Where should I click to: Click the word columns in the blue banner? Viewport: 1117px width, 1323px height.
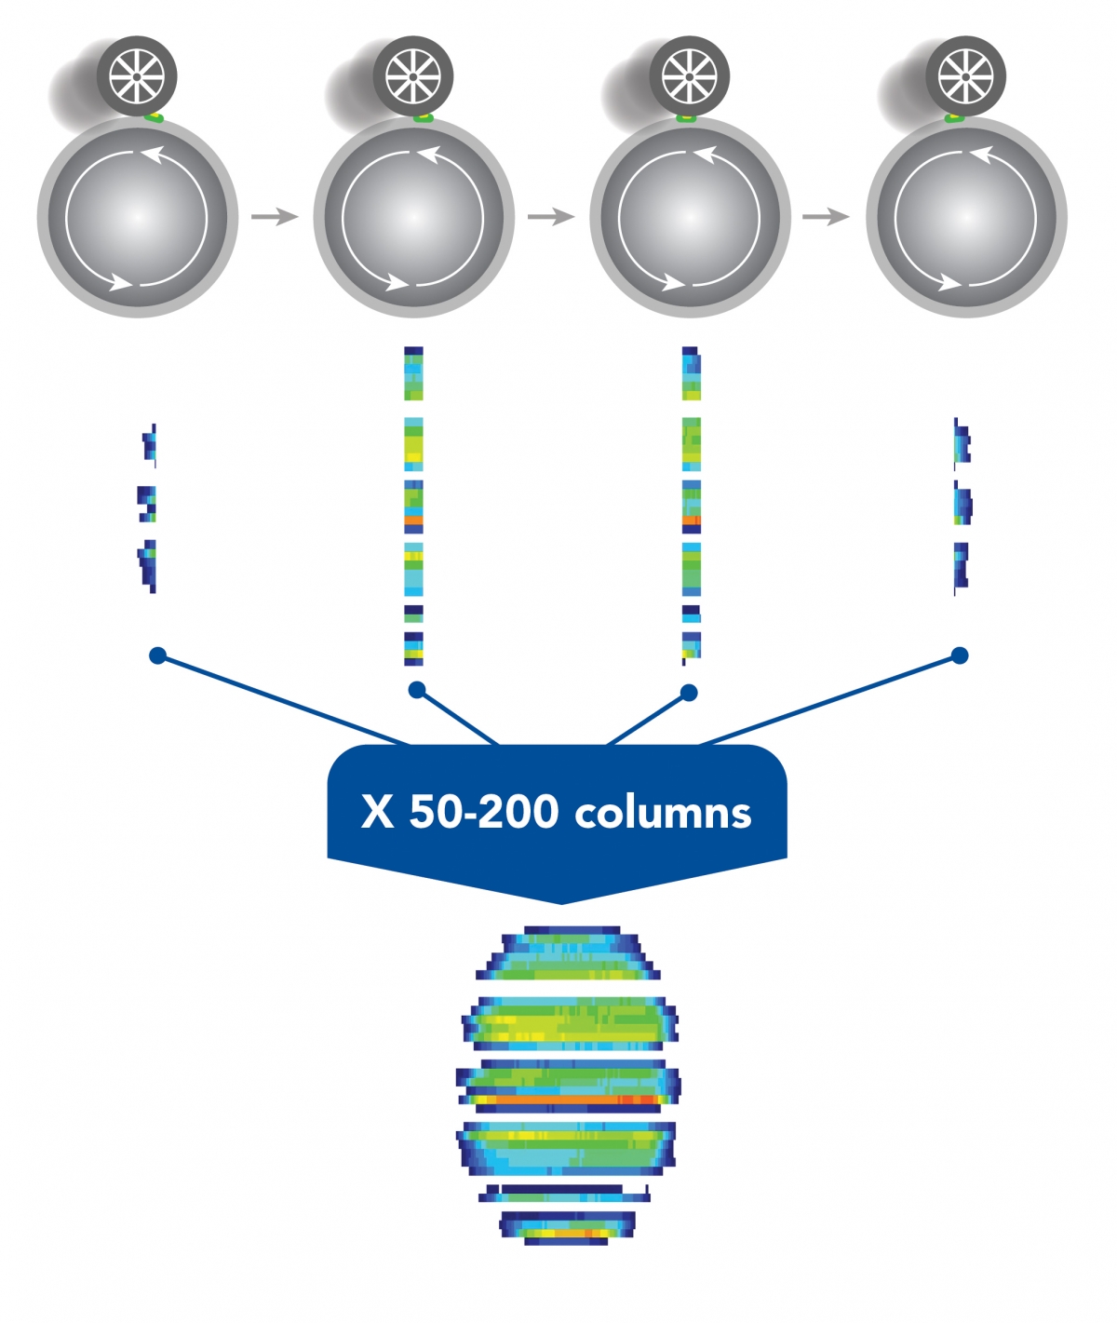point(662,812)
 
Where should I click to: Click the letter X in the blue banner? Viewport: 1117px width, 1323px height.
point(378,812)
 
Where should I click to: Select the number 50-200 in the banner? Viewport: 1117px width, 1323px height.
point(483,812)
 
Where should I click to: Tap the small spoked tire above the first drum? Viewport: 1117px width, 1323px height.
point(137,76)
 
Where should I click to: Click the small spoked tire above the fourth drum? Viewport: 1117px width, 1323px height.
point(965,76)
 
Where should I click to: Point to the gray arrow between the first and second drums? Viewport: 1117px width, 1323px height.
point(275,217)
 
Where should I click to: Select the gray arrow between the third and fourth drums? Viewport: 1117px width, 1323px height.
point(826,217)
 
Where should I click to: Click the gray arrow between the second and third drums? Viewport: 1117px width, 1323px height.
point(550,217)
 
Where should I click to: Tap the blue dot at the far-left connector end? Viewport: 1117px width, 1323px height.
point(157,655)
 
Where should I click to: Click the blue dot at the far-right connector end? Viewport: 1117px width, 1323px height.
point(960,655)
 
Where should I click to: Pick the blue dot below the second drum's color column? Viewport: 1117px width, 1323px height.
point(417,691)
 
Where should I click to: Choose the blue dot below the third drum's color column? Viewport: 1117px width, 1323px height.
point(689,693)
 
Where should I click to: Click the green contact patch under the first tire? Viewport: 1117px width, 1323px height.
point(154,118)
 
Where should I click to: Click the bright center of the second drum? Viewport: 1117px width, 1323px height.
point(413,217)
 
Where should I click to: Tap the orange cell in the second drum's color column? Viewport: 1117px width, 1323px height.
point(413,520)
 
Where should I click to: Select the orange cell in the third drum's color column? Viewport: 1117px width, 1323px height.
point(692,520)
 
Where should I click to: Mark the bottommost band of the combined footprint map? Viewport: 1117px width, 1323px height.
point(567,1228)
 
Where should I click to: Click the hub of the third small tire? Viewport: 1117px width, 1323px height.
point(690,76)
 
